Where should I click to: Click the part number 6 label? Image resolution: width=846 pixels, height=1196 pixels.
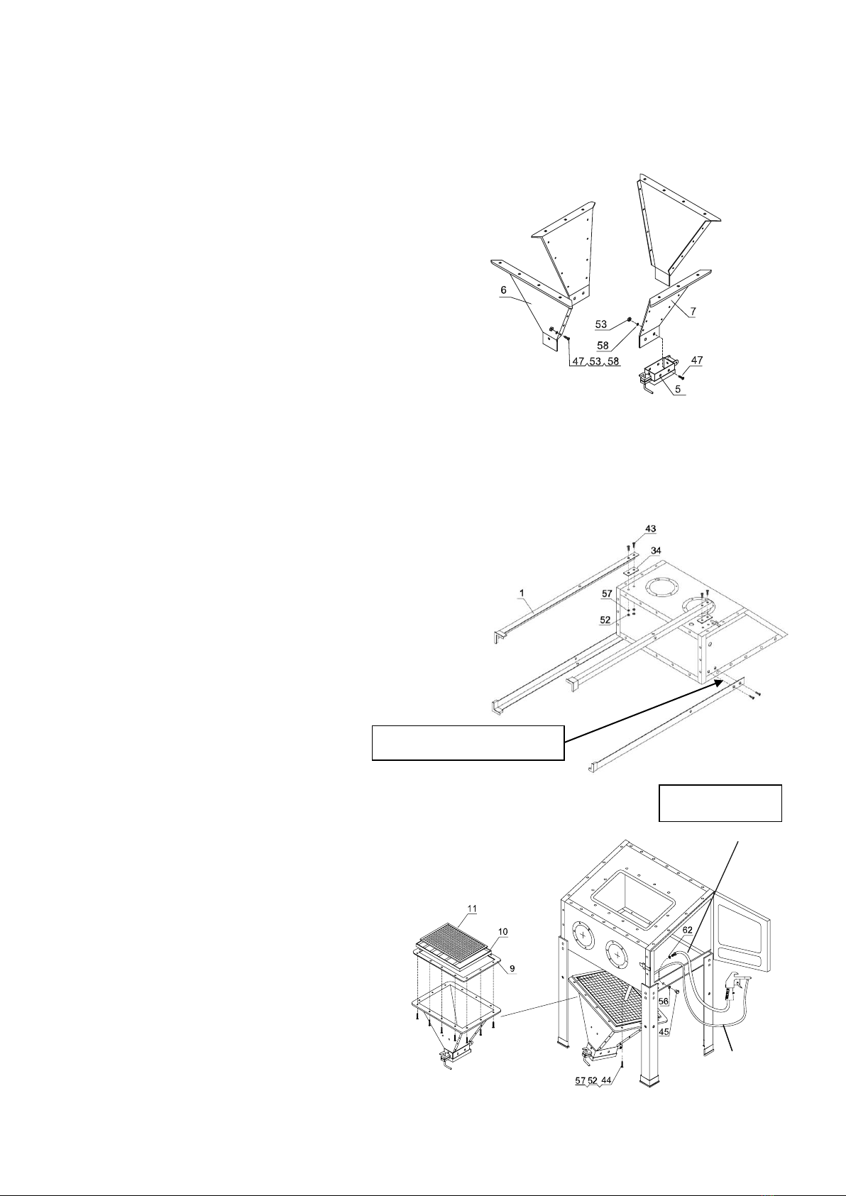(503, 290)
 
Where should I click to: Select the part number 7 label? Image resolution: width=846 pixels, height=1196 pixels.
(692, 310)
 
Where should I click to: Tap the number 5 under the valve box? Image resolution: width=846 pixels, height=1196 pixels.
(678, 389)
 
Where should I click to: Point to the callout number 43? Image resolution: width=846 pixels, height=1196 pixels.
(650, 529)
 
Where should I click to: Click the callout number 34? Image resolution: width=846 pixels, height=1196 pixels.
(656, 550)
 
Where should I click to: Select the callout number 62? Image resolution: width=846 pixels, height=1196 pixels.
(688, 930)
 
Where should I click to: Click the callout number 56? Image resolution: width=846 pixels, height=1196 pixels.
(664, 1001)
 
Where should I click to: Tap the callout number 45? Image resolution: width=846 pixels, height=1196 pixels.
(664, 1032)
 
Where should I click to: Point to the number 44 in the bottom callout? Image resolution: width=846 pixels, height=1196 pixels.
(606, 1081)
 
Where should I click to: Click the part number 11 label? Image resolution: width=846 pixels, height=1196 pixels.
(472, 909)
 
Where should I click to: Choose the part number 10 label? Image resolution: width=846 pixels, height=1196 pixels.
(502, 932)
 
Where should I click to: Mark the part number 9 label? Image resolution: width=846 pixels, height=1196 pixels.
(512, 968)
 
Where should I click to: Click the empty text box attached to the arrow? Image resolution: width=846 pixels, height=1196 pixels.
(468, 742)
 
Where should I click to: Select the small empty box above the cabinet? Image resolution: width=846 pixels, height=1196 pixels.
(720, 803)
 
